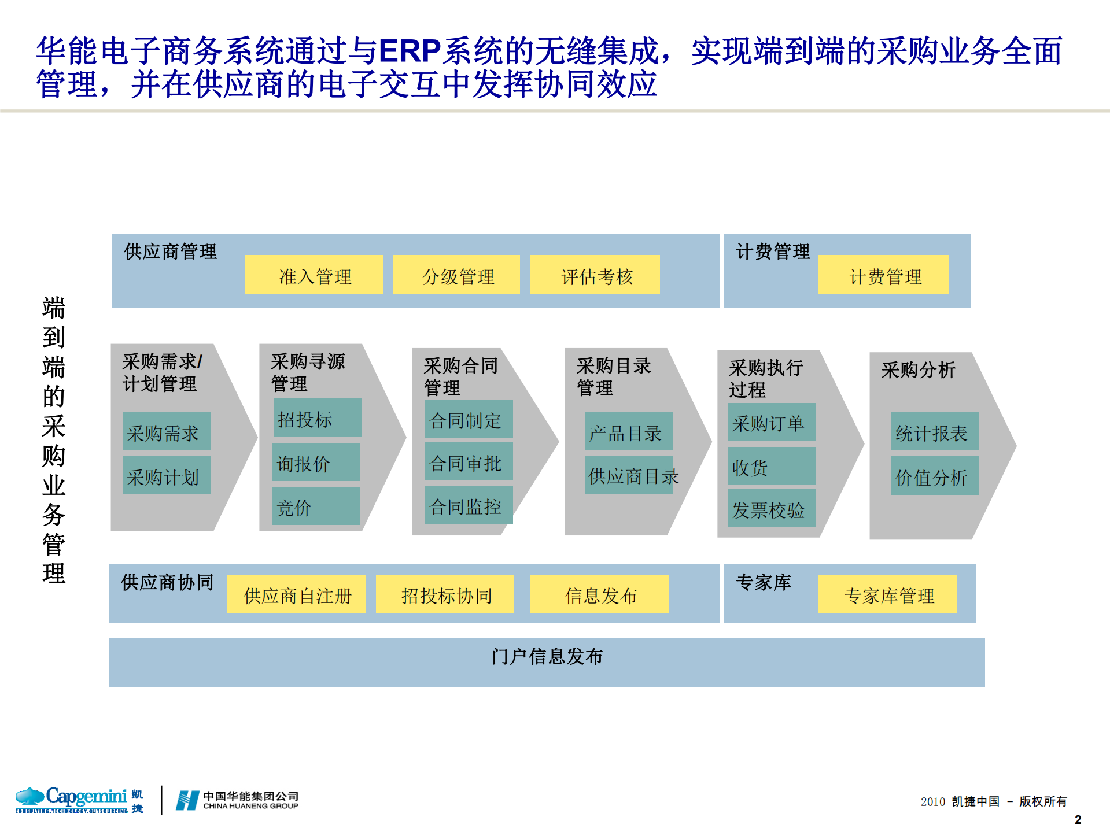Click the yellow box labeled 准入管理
314,275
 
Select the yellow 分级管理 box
456,275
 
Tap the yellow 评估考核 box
595,275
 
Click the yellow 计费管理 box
883,275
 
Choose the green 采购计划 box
167,475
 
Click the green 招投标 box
317,417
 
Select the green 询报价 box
316,462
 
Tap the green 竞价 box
316,506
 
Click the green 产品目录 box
629,431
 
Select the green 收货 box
772,466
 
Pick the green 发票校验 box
772,508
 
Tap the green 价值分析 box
935,476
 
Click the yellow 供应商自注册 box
296,594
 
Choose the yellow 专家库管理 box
887,594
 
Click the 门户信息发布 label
547,657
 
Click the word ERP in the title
410,51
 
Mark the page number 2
1078,819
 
